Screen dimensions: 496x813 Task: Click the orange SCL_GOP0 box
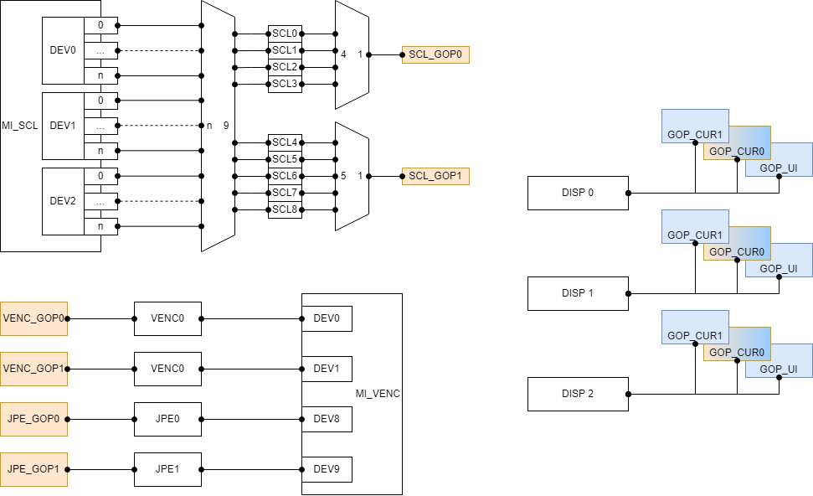coord(435,55)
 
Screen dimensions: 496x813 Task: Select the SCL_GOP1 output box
coord(435,176)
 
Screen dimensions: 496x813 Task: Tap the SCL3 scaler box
coord(285,84)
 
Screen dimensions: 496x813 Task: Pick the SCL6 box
coord(285,176)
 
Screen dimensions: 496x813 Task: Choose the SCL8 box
coord(285,209)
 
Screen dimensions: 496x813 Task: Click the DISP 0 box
coord(578,193)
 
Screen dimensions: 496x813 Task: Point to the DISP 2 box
coord(578,394)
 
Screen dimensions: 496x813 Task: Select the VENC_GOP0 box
coord(33,318)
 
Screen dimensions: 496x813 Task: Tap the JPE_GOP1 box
coord(33,469)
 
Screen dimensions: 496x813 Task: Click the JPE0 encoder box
coord(167,419)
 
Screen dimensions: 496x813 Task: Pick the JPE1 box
coord(167,469)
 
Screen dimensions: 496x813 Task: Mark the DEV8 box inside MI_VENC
coord(327,419)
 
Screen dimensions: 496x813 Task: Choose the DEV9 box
coord(327,469)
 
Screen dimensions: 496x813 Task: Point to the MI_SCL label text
coord(19,126)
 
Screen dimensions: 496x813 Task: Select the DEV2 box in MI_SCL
coord(63,201)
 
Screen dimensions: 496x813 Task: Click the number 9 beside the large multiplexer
coord(226,126)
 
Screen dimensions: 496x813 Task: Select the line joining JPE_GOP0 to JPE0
coord(100,419)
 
